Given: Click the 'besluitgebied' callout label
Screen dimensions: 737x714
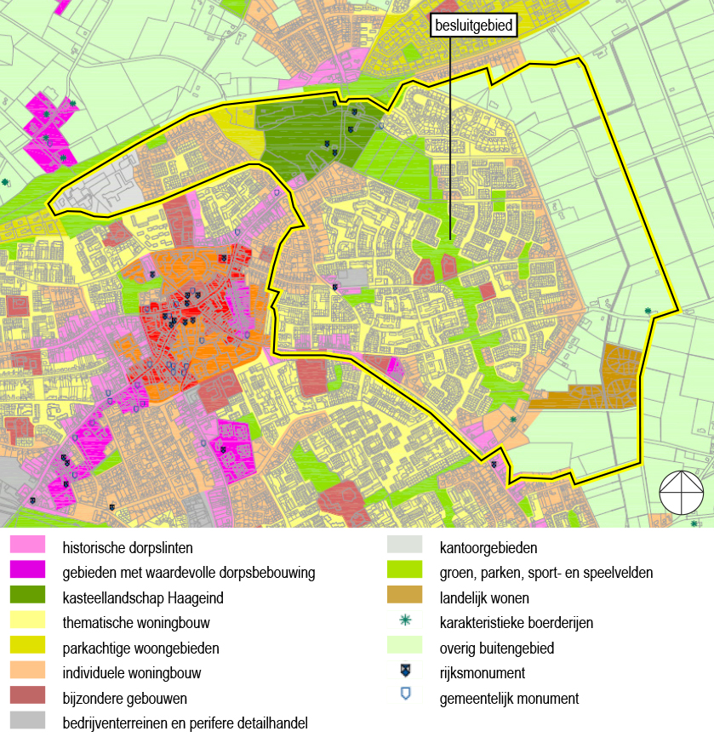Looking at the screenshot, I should coord(474,26).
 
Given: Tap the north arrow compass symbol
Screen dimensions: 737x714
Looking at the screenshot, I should coord(682,492).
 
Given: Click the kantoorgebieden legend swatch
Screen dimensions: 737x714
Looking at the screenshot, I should coord(404,546).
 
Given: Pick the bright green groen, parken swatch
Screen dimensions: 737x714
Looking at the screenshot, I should coord(404,572).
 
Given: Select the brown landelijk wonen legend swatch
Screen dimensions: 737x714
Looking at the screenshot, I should coord(404,597).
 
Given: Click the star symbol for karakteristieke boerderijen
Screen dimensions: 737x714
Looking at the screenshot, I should coord(405,622).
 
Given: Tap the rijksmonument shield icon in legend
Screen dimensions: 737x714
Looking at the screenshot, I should coord(405,672).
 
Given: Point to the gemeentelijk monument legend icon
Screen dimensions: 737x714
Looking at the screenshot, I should coord(405,697).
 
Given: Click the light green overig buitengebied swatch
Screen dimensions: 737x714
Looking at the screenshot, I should coord(404,648).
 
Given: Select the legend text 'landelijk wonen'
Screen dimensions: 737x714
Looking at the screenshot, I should coord(484,597).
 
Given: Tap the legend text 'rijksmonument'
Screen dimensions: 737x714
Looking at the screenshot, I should coord(483,673).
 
